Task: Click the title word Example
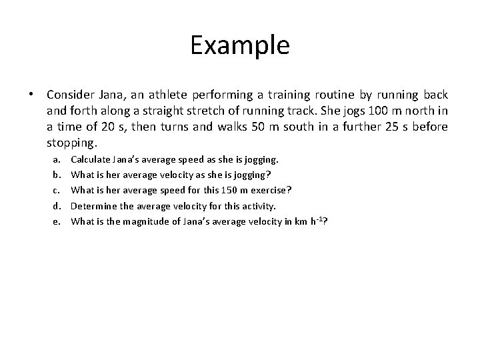click(x=240, y=45)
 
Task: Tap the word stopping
click(x=72, y=143)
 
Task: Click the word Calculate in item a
click(x=91, y=160)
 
